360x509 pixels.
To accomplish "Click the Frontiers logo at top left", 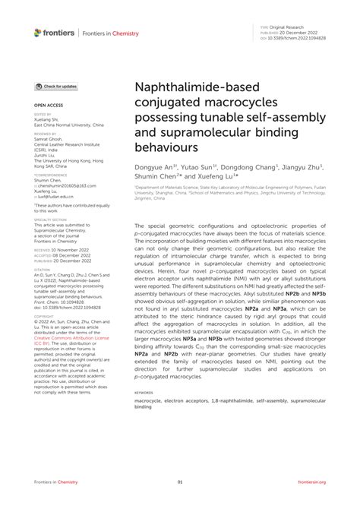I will (x=54, y=32).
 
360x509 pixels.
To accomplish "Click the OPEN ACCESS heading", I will (x=48, y=107).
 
